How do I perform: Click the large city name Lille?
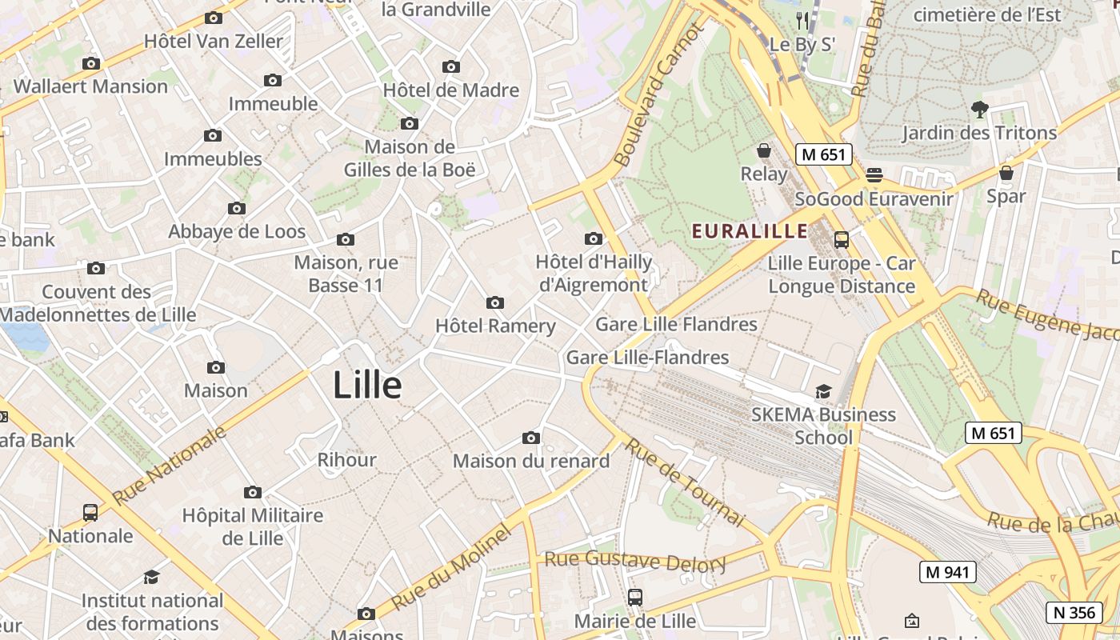point(367,386)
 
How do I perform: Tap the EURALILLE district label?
point(750,231)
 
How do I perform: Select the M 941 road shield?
point(948,572)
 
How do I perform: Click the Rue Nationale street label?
point(170,466)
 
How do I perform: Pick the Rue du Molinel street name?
point(451,567)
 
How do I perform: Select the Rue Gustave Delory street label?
point(635,560)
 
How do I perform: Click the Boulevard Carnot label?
point(658,95)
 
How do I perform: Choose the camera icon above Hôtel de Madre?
point(451,66)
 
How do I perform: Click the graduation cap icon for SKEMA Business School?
point(823,391)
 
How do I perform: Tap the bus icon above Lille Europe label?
point(841,239)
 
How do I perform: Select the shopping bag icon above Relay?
point(764,150)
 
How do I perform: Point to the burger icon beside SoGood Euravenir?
point(874,175)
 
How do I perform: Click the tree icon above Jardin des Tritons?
point(979,109)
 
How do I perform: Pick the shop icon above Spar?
point(1006,172)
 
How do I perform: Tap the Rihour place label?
point(346,460)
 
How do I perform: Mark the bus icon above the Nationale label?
point(90,512)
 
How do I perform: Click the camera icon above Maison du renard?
point(530,438)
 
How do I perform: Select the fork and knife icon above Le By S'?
point(802,21)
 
